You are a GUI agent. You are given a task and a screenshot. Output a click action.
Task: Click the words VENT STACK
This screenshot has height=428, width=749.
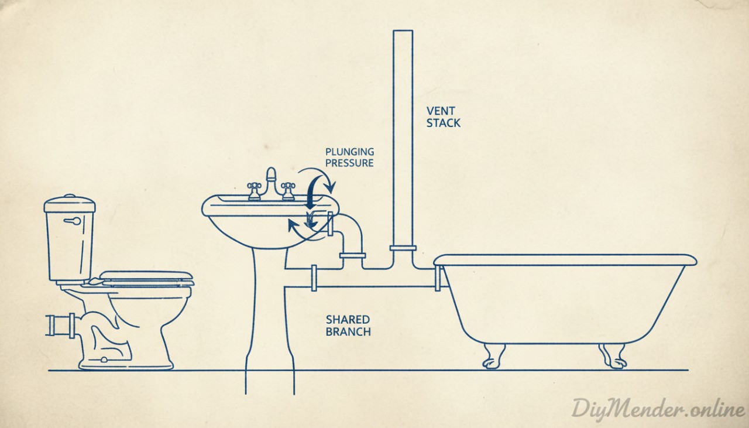coord(443,117)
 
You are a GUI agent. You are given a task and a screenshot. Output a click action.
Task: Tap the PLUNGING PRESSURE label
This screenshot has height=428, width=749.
coord(350,157)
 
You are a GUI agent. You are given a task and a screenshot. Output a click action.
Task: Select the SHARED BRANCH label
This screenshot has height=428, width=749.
coord(348,326)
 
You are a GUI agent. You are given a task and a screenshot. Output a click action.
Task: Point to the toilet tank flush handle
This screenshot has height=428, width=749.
coord(72,221)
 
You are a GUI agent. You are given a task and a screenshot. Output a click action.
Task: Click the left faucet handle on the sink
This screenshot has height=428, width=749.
coord(255,190)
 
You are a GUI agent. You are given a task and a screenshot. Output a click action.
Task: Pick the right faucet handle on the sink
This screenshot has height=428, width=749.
coord(287,190)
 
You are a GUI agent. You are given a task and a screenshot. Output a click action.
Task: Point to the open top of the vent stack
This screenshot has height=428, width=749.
coord(403,33)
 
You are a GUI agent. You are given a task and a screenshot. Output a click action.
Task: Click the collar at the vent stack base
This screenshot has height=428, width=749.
coord(403,248)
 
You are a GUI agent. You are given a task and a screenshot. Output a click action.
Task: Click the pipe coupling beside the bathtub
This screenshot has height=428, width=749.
coord(437,277)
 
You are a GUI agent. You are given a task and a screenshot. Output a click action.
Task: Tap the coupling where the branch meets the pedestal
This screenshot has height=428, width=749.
coord(314,278)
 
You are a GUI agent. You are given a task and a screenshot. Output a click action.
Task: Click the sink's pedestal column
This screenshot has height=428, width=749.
coord(269,316)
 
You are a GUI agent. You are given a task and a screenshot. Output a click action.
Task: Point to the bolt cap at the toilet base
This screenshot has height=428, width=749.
coord(104,359)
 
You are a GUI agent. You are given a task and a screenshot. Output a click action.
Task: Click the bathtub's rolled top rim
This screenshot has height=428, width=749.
coord(565,259)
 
